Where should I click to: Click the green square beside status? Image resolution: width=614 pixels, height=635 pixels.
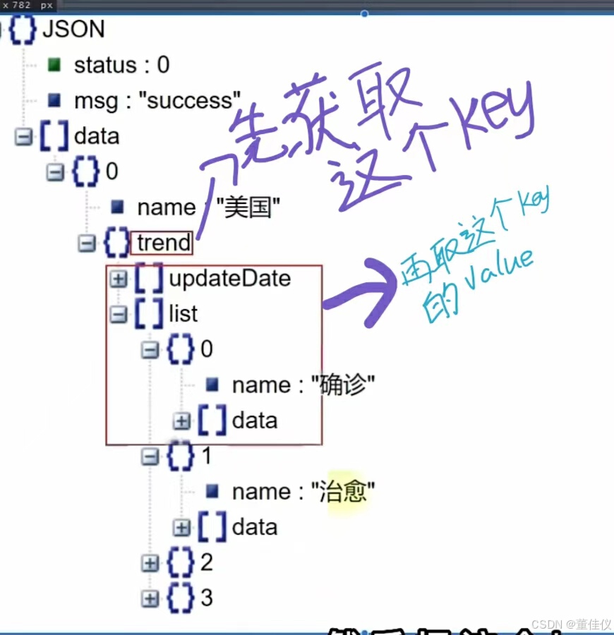54,66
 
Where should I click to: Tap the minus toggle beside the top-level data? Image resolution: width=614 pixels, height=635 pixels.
23,136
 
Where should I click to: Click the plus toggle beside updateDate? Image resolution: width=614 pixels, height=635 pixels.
119,279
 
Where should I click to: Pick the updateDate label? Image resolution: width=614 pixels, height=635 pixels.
229,279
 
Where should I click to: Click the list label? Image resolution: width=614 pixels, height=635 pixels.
183,314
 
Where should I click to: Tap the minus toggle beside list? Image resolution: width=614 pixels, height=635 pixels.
119,315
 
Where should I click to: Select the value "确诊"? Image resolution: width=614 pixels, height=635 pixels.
343,385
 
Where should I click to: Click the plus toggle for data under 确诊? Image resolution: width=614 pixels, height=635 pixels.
182,421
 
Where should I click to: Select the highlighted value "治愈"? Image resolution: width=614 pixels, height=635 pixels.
343,492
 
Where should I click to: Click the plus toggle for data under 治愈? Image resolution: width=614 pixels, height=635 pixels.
182,527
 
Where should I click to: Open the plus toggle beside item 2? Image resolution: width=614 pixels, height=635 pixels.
150,563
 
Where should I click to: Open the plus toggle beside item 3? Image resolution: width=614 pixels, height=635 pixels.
150,598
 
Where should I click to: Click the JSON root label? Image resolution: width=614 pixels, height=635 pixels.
73,30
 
